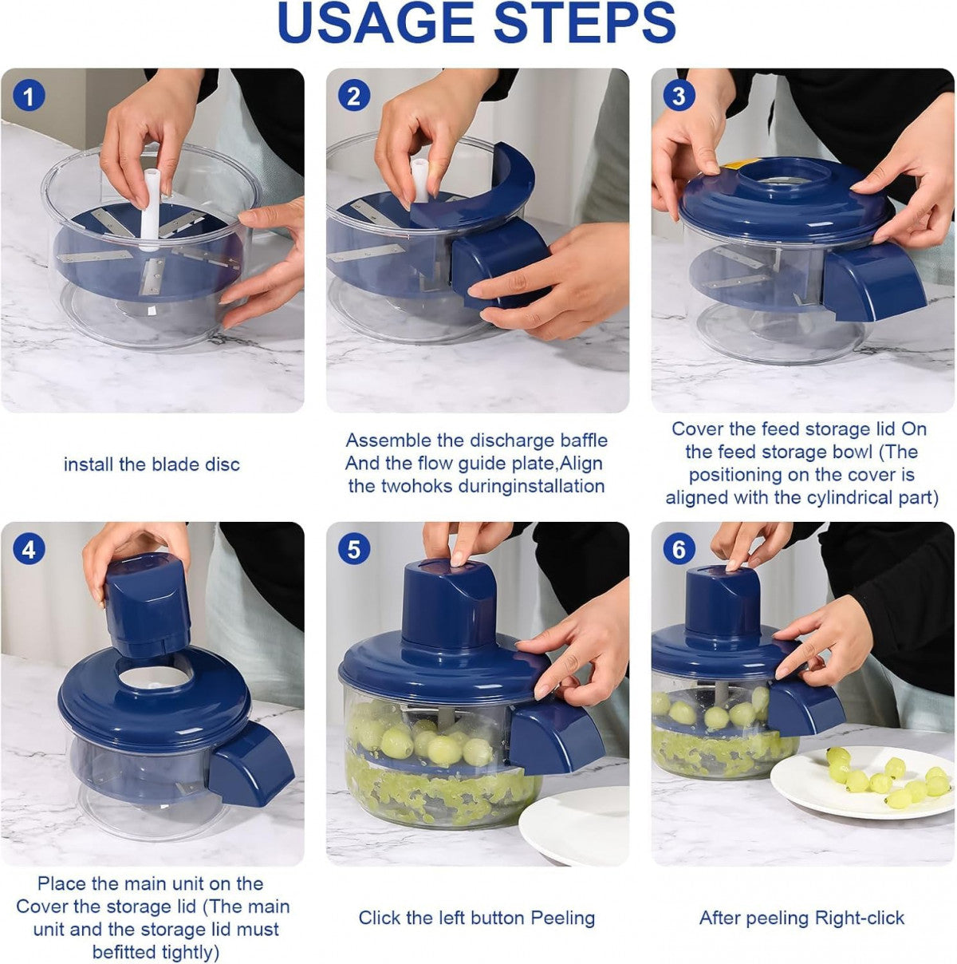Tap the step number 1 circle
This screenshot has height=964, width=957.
coord(30,97)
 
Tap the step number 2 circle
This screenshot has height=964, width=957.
coord(354,97)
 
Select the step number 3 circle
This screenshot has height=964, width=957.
coord(679,97)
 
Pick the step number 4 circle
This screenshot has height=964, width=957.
coord(30,551)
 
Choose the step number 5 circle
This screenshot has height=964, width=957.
coord(354,551)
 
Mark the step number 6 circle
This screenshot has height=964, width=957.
coord(679,551)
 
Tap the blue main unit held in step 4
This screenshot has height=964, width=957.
coord(148,604)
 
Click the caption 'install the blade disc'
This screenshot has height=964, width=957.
coord(152,464)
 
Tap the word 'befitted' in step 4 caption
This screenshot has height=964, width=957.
coord(128,952)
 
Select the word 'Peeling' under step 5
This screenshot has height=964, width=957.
coord(563,918)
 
